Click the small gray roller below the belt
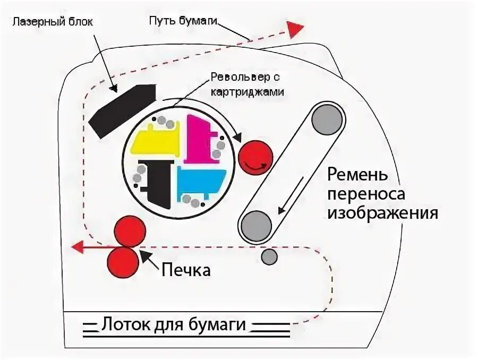point(269,257)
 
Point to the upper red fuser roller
point(130,232)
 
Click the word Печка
point(186,270)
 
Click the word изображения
point(382,213)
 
